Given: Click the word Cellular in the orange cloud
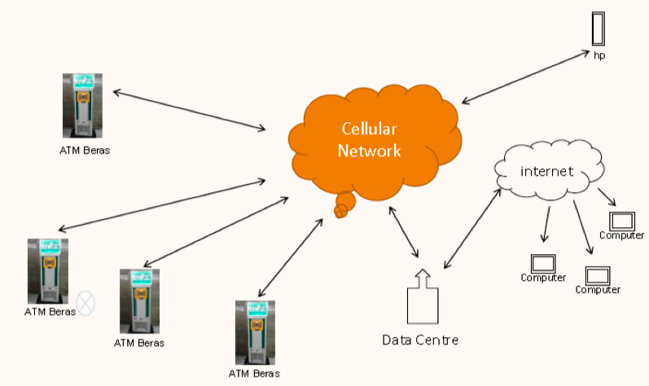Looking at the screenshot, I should pyautogui.click(x=371, y=129).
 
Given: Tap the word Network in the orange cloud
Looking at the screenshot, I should pyautogui.click(x=370, y=151).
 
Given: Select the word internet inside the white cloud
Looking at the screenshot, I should pyautogui.click(x=547, y=171).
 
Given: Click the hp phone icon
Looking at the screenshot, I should pyautogui.click(x=599, y=28).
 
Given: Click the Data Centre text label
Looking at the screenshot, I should pyautogui.click(x=420, y=339).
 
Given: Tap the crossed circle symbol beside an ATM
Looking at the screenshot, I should pyautogui.click(x=86, y=303).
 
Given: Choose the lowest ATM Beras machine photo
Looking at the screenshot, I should pyautogui.click(x=254, y=332).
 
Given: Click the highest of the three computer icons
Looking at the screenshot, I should pyautogui.click(x=622, y=220).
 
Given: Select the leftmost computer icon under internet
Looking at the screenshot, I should pyautogui.click(x=543, y=263).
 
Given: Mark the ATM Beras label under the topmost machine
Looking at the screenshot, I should pyautogui.click(x=84, y=151).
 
